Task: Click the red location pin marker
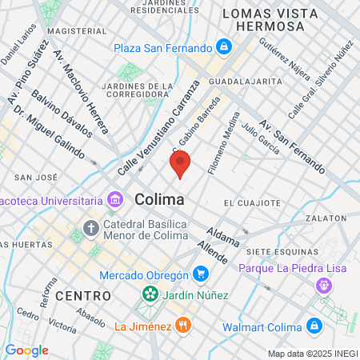tap(180, 166)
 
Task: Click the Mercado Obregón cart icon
tap(200, 276)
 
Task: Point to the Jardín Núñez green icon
tap(150, 295)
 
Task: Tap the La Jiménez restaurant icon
tap(184, 326)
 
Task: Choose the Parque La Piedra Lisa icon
tap(323, 285)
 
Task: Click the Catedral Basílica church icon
tap(90, 229)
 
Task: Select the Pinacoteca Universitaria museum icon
tap(115, 198)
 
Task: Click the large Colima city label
tap(160, 198)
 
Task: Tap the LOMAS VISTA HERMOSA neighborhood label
tap(263, 19)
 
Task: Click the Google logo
tap(27, 350)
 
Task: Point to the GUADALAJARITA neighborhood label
tap(245, 82)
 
